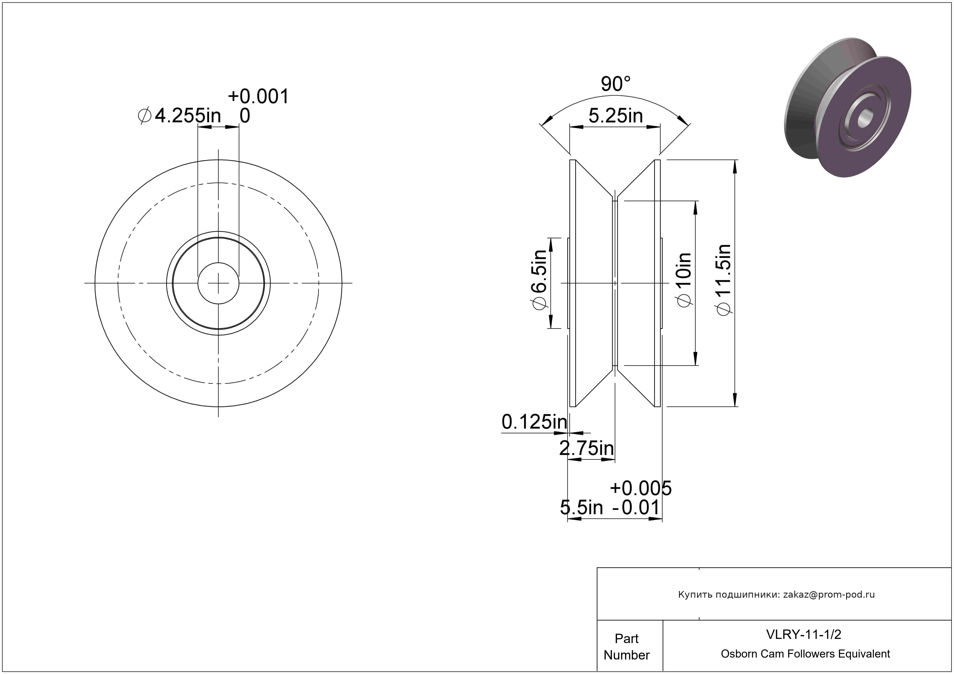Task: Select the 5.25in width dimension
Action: [616, 116]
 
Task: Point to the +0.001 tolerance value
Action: [258, 96]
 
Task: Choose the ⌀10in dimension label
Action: [684, 280]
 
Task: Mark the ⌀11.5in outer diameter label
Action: [724, 280]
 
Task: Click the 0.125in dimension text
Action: [534, 422]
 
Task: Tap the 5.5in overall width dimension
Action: [581, 507]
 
